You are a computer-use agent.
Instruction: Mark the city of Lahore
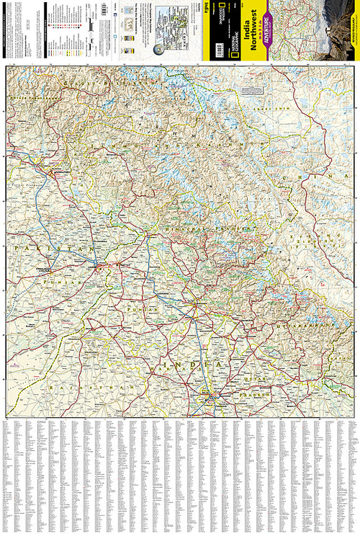click(x=96, y=266)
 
